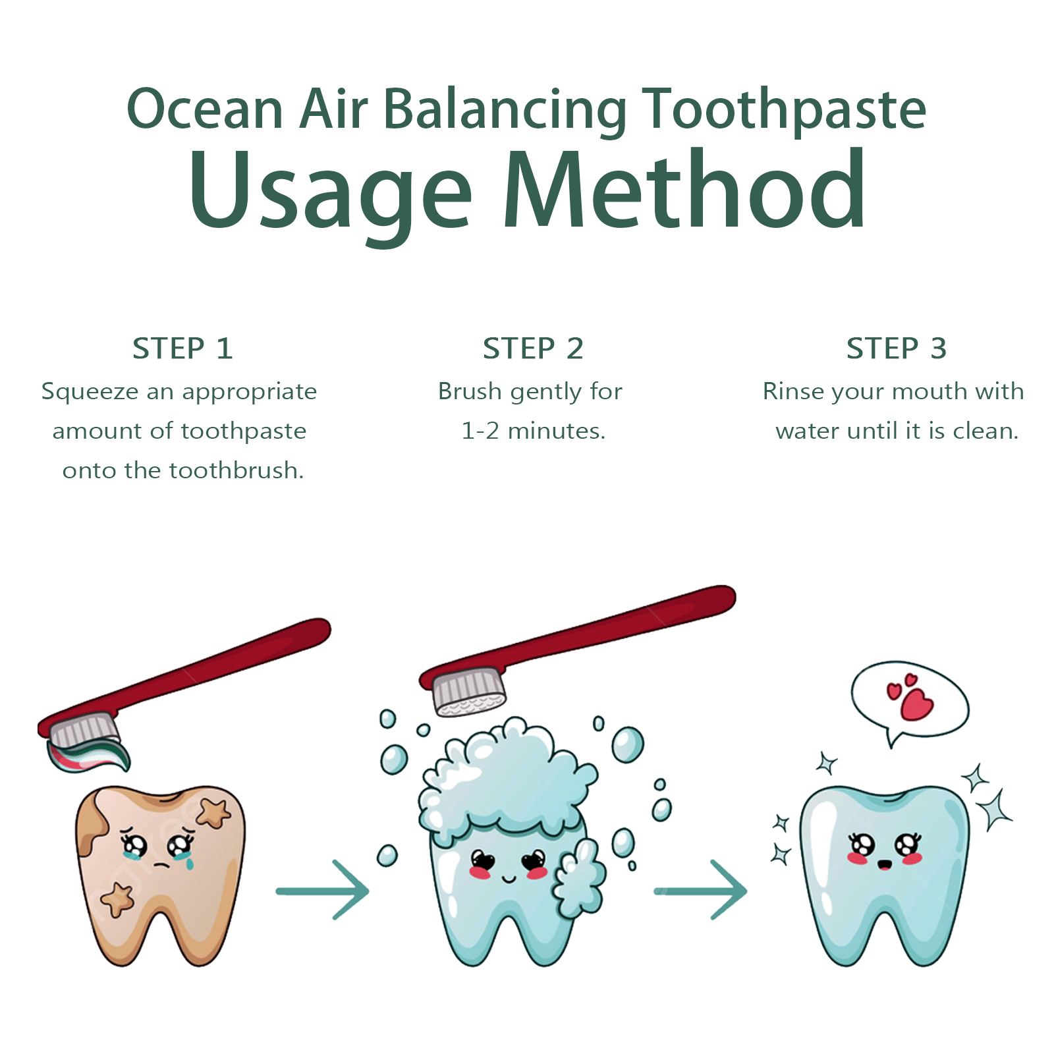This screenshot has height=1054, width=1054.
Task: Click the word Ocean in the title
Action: coord(205,109)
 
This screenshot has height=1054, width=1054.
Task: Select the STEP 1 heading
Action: coord(182,348)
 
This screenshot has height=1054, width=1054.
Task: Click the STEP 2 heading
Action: coord(533,348)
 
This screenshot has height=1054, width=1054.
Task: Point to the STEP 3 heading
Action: coord(897,348)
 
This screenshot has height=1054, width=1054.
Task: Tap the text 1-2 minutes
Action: coord(533,431)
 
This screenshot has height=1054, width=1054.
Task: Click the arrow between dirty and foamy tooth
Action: coord(322,891)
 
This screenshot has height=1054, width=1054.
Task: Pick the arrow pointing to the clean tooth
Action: coord(700,891)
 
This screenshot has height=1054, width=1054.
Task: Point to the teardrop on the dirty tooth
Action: coord(190,860)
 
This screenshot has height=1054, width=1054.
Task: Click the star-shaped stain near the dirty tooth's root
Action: coord(117,899)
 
